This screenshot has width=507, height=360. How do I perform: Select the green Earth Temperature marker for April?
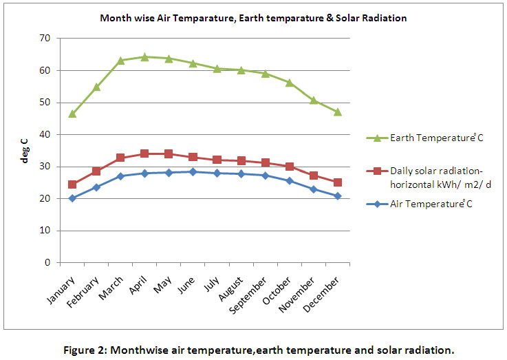pyautogui.click(x=144, y=57)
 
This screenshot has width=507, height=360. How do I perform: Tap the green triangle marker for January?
pyautogui.click(x=72, y=114)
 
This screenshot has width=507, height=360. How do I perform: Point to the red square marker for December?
pyautogui.click(x=337, y=182)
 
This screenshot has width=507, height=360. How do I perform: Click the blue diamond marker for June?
pyautogui.click(x=193, y=171)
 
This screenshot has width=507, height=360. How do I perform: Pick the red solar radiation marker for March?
pyautogui.click(x=120, y=158)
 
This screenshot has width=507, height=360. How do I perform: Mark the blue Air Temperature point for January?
pyautogui.click(x=72, y=198)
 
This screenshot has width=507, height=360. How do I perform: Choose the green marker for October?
pyautogui.click(x=289, y=83)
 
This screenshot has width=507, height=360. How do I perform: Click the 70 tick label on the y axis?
pyautogui.click(x=44, y=38)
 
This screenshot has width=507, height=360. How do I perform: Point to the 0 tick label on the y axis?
pyautogui.click(x=47, y=262)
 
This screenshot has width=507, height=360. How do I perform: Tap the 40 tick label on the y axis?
pyautogui.click(x=44, y=134)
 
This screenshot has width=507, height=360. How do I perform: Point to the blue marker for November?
pyautogui.click(x=313, y=189)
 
